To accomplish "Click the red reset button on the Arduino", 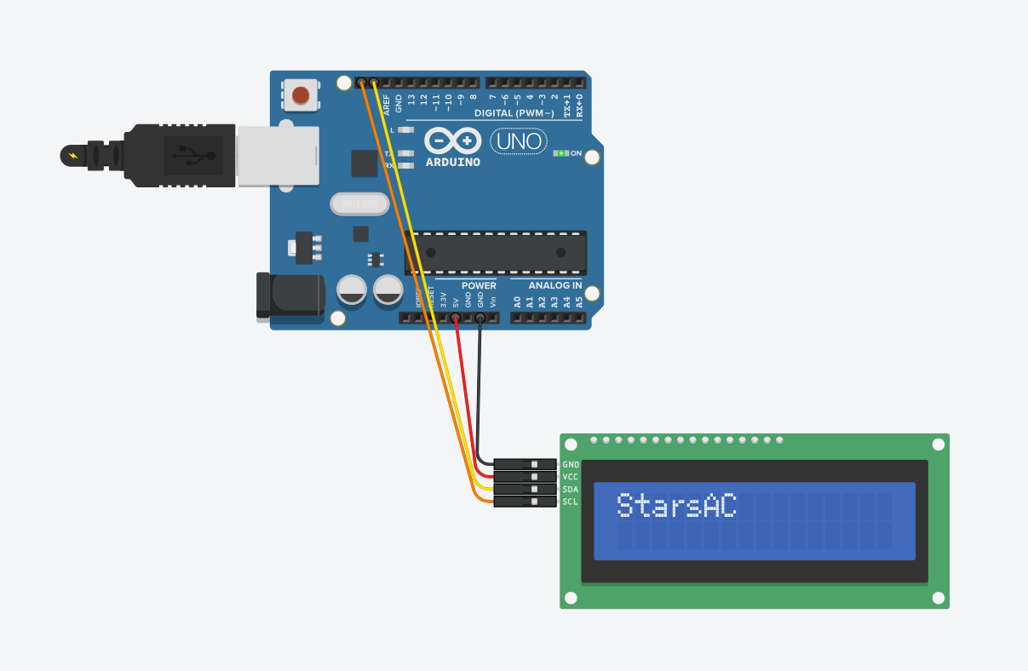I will (301, 94).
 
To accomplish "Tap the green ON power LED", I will (560, 153).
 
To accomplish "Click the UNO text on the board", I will (519, 141).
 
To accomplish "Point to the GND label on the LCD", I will (571, 464).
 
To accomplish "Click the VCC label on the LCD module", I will (571, 477).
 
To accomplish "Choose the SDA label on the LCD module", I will (571, 490).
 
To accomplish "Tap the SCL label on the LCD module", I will (571, 502).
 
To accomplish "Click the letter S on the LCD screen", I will (626, 505).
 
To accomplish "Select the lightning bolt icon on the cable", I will (73, 156).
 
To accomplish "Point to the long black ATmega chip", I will (496, 252).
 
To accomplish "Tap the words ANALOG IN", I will (555, 286).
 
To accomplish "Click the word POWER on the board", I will (479, 286).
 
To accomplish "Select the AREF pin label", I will (387, 105).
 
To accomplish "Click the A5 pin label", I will (579, 301).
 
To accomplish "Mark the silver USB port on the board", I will (278, 156).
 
